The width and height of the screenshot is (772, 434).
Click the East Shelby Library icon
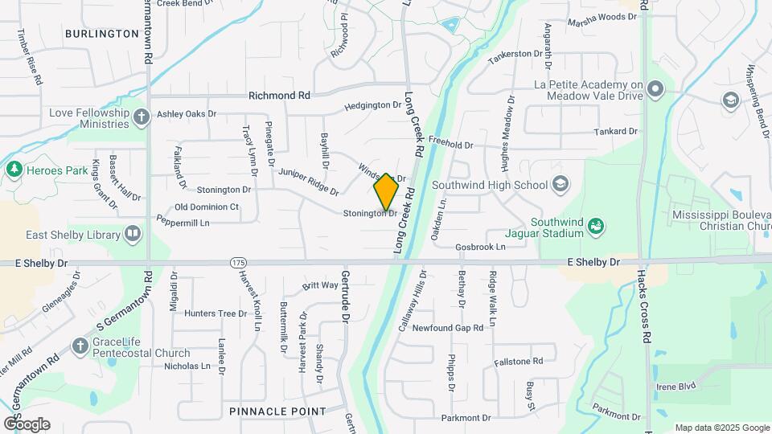(132, 235)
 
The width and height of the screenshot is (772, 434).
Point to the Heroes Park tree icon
(14, 170)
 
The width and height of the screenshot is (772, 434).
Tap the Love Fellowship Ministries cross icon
(142, 118)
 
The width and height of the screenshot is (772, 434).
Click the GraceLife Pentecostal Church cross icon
(79, 346)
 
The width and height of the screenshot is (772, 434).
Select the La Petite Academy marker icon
(655, 89)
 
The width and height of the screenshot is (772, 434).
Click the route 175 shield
(238, 263)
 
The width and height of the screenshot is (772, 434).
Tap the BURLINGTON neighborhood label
(102, 34)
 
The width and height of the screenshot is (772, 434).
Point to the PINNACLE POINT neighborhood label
(277, 411)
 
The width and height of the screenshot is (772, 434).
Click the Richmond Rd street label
(279, 96)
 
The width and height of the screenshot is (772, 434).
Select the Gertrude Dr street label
(346, 293)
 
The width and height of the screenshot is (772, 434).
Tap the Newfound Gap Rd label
(448, 328)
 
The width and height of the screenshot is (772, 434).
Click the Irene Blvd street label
(675, 387)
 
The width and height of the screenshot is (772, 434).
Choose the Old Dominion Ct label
(202, 207)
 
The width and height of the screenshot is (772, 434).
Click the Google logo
(27, 424)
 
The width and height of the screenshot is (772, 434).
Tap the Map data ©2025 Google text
(722, 428)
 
